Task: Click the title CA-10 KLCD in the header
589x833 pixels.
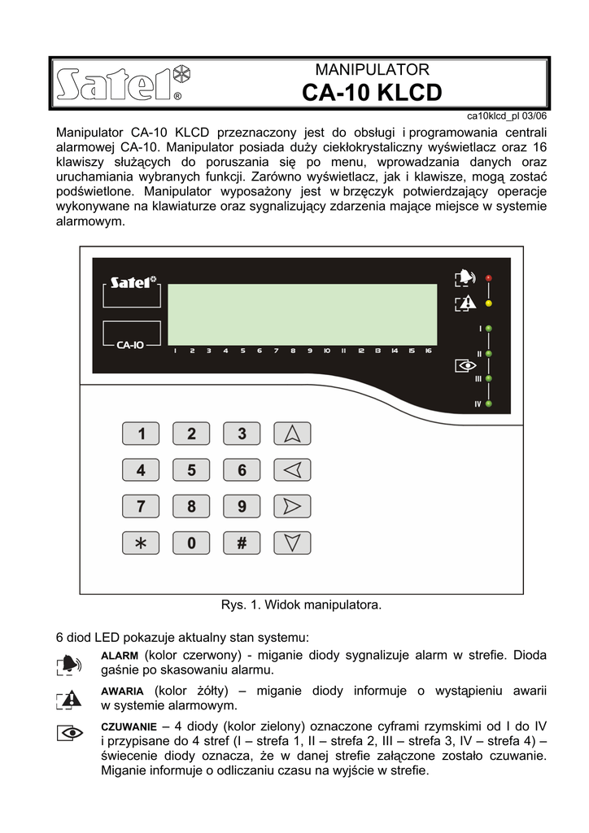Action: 372,94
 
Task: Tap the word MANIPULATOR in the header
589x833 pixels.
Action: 372,70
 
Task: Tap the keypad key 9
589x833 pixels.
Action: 242,506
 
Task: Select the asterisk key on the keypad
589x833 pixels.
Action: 141,543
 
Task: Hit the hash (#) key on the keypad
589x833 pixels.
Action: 242,543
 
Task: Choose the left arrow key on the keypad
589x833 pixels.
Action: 292,469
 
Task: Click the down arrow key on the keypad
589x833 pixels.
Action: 292,543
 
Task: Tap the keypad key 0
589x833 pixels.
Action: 191,543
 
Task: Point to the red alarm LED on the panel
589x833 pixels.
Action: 488,278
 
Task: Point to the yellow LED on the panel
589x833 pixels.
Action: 488,303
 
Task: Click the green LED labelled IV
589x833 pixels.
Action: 489,403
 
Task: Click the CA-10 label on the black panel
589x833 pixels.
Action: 131,344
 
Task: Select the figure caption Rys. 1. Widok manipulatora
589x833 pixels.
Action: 301,605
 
